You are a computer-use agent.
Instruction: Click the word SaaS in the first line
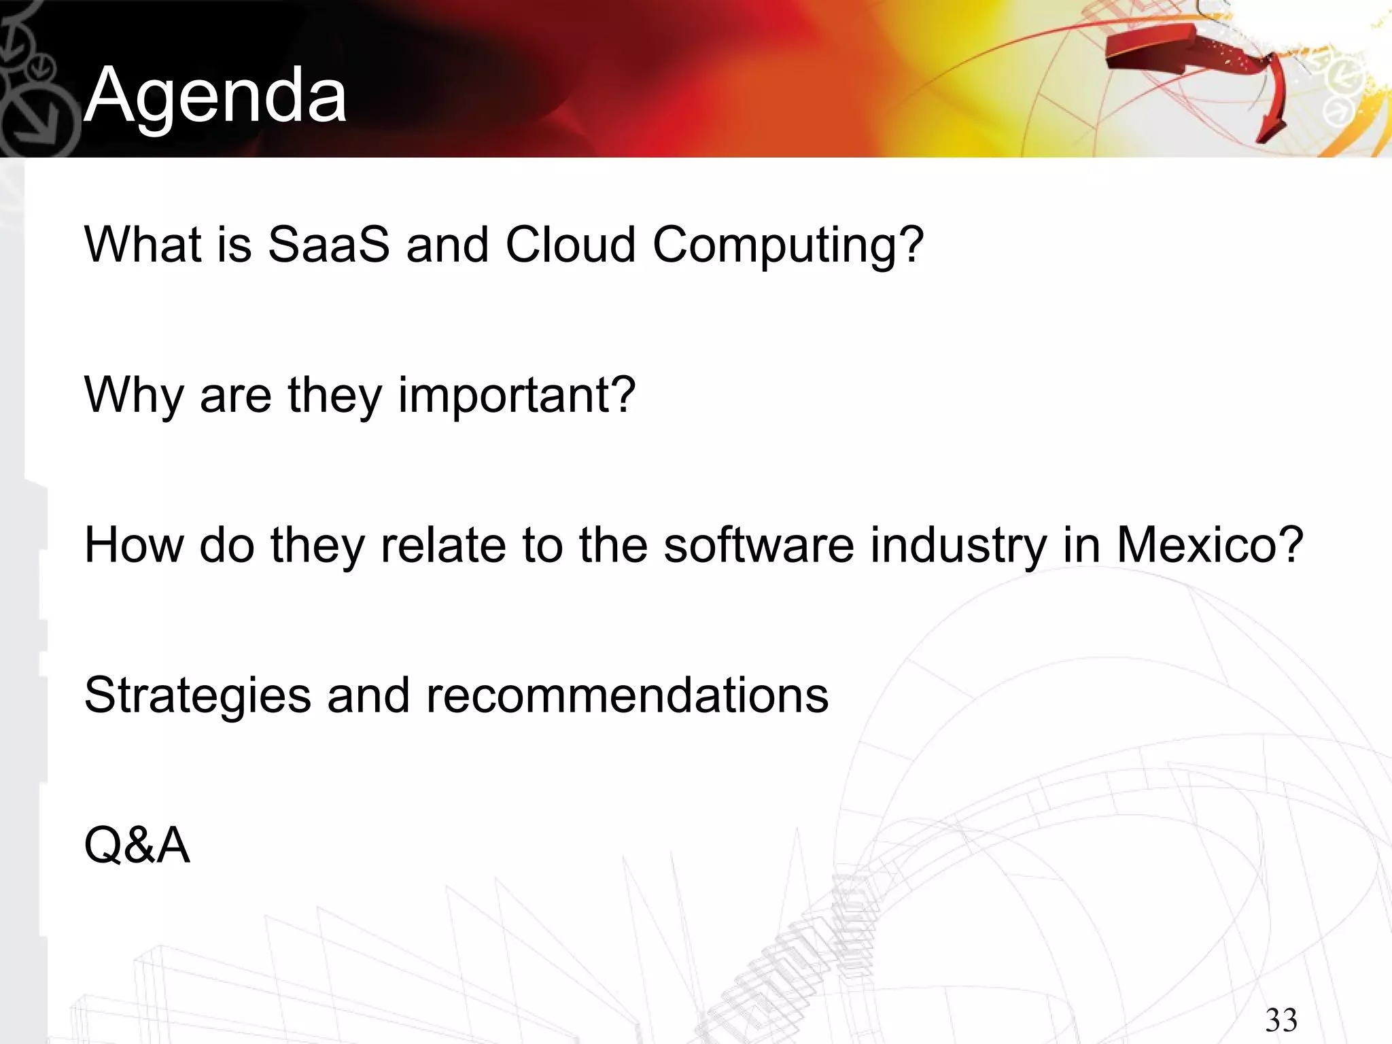pos(329,244)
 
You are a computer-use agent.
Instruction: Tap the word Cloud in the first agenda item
pos(570,244)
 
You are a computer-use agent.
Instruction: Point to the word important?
pos(517,396)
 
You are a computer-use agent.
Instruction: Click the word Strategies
pos(198,696)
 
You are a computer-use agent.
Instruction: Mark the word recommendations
pos(627,695)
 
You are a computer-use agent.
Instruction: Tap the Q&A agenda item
pos(137,846)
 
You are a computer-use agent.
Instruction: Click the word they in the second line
pos(335,396)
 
